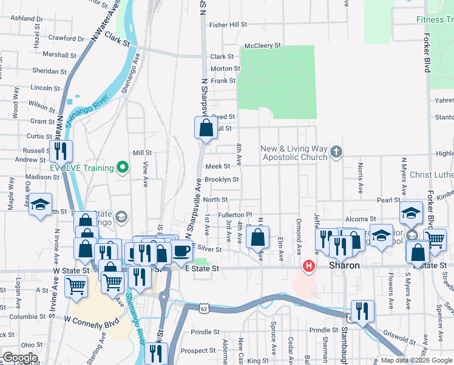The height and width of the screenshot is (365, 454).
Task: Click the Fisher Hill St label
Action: tap(228, 25)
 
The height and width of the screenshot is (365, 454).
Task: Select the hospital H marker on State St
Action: tap(309, 266)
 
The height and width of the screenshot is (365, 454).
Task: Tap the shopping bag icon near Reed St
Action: tap(206, 128)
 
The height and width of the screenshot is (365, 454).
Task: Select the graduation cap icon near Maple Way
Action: tap(40, 205)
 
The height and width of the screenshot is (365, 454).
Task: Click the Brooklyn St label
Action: tap(221, 179)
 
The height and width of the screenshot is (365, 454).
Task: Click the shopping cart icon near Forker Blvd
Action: tap(435, 240)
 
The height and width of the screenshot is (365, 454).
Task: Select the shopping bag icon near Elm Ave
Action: tap(258, 237)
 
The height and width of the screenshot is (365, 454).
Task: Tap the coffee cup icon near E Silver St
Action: tap(180, 251)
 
